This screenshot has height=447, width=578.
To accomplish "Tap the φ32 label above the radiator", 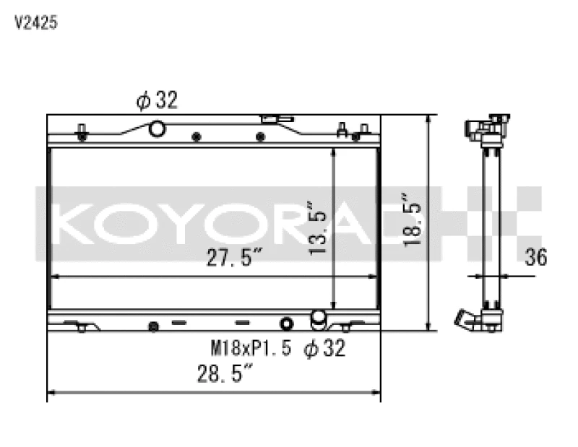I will click(157, 101).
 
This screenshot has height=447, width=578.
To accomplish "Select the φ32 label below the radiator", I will click(324, 349).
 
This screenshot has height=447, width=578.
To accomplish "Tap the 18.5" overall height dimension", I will click(414, 220).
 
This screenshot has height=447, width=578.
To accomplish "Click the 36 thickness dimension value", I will click(536, 256).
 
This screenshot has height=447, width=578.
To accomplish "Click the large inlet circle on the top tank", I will click(157, 129).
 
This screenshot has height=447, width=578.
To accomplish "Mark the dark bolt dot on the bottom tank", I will click(152, 327).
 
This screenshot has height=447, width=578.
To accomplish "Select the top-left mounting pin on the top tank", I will click(82, 132).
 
